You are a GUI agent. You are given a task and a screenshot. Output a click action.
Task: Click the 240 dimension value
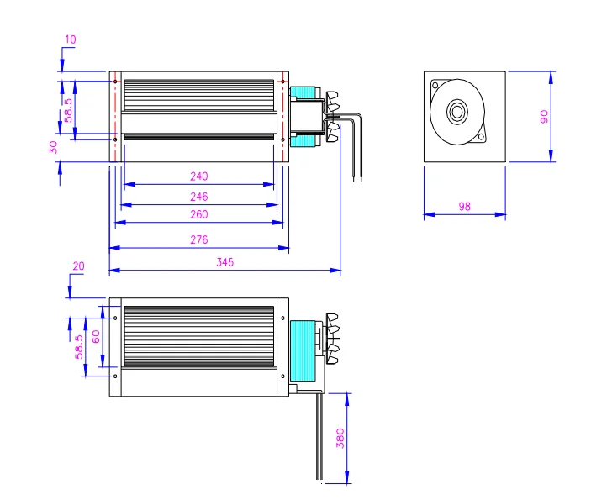(198, 176)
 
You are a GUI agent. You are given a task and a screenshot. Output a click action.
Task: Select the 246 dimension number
(198, 196)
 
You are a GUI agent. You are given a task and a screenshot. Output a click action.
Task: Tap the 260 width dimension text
(198, 215)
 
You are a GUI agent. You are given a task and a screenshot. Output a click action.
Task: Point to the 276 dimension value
(198, 239)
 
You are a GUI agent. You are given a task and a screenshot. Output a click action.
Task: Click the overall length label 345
(224, 262)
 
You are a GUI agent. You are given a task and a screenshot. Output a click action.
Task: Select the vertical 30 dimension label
(54, 147)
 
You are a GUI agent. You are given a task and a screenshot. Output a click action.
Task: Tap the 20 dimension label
(78, 266)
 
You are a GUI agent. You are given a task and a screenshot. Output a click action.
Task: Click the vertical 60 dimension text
(96, 336)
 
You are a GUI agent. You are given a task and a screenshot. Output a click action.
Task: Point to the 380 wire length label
(340, 439)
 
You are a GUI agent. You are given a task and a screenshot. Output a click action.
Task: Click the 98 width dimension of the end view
(465, 207)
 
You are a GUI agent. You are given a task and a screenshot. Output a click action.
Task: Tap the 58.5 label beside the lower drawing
(79, 346)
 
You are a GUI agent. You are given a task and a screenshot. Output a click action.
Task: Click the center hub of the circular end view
(457, 111)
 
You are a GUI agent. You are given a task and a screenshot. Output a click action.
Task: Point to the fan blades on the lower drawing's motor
(335, 339)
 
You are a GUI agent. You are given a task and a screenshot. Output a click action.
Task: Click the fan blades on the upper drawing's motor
(335, 114)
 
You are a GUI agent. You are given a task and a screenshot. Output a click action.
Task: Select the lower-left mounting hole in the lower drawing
(115, 376)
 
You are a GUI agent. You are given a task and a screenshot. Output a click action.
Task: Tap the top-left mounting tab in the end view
(435, 84)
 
